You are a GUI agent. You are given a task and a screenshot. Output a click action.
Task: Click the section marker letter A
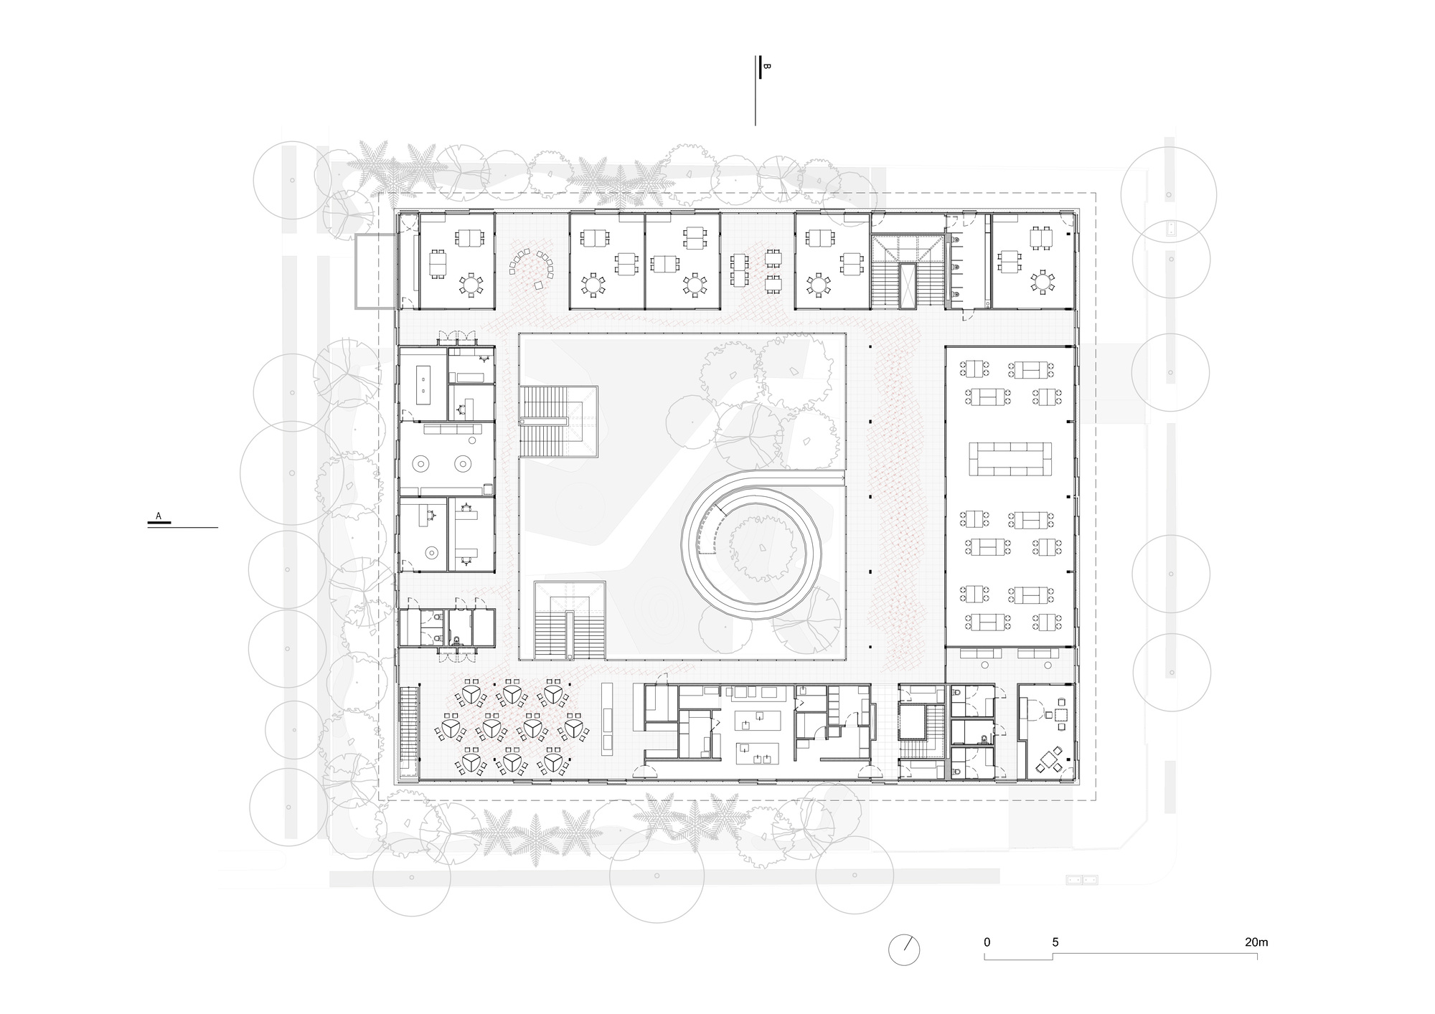pos(159,516)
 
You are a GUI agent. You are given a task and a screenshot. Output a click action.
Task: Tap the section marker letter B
pos(766,67)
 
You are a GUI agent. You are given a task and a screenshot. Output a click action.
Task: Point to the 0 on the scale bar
pos(987,942)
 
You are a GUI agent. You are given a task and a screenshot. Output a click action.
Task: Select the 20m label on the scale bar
pos(1256,942)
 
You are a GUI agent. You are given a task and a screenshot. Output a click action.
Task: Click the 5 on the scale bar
pos(1055,942)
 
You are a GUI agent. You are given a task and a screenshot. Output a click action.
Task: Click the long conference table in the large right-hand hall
pos(1010,459)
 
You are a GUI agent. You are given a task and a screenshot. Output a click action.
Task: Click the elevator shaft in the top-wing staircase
pos(908,285)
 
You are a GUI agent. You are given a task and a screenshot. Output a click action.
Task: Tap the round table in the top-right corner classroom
pos(1040,281)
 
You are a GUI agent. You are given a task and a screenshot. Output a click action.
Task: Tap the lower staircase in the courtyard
pos(570,620)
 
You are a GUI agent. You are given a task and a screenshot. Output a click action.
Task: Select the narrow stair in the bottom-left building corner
pos(409,724)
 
